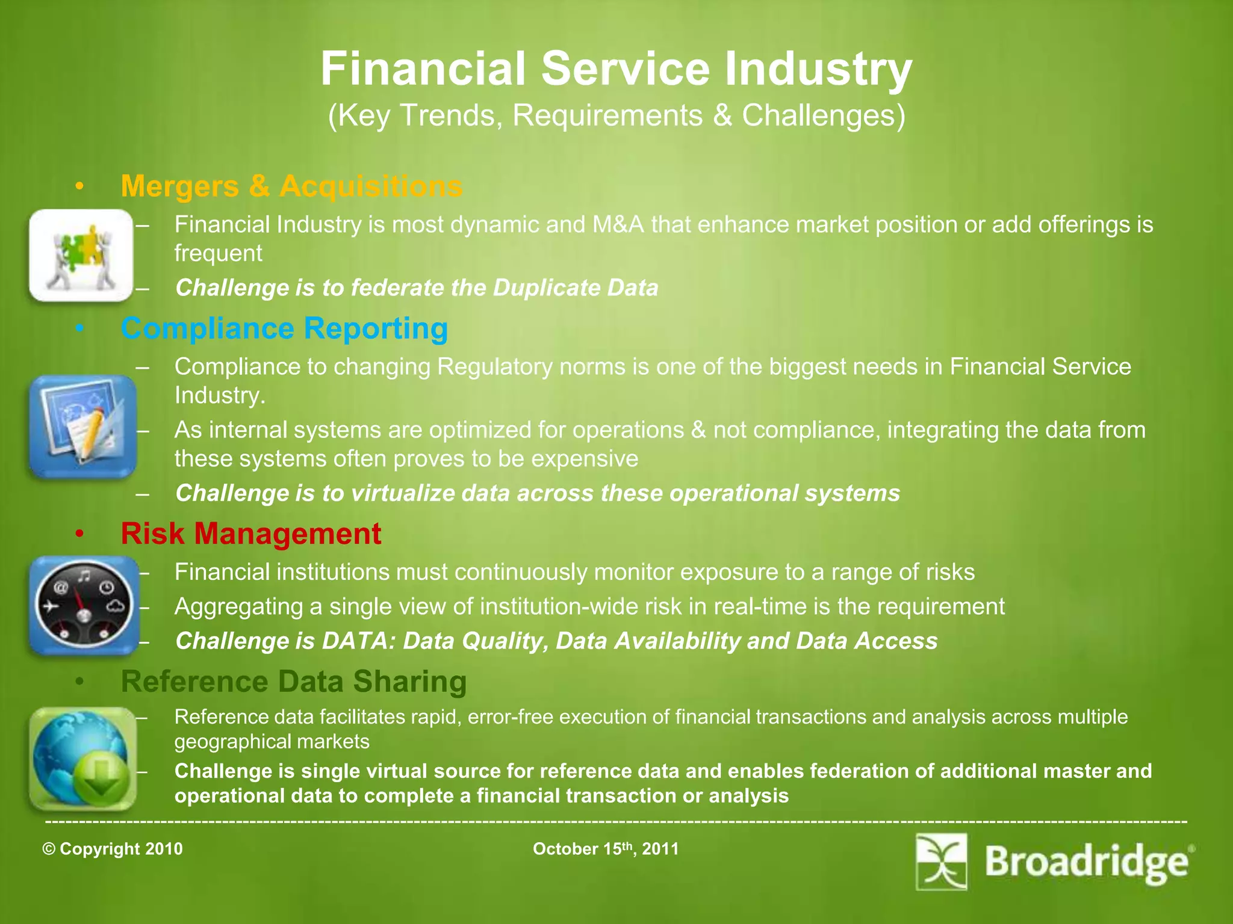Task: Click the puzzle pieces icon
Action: [81, 255]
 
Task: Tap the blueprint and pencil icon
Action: [83, 427]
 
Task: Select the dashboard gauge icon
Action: [84, 605]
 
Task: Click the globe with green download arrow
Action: [83, 759]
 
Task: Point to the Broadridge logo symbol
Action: [942, 861]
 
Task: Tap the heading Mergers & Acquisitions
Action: [291, 186]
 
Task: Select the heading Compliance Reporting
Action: [284, 328]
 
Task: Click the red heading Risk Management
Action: [251, 534]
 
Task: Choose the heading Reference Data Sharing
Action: [294, 682]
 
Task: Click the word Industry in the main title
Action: [818, 69]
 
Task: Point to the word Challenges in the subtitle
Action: [823, 115]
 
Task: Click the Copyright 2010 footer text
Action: [113, 849]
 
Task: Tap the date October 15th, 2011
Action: [606, 849]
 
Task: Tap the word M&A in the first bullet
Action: [618, 224]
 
